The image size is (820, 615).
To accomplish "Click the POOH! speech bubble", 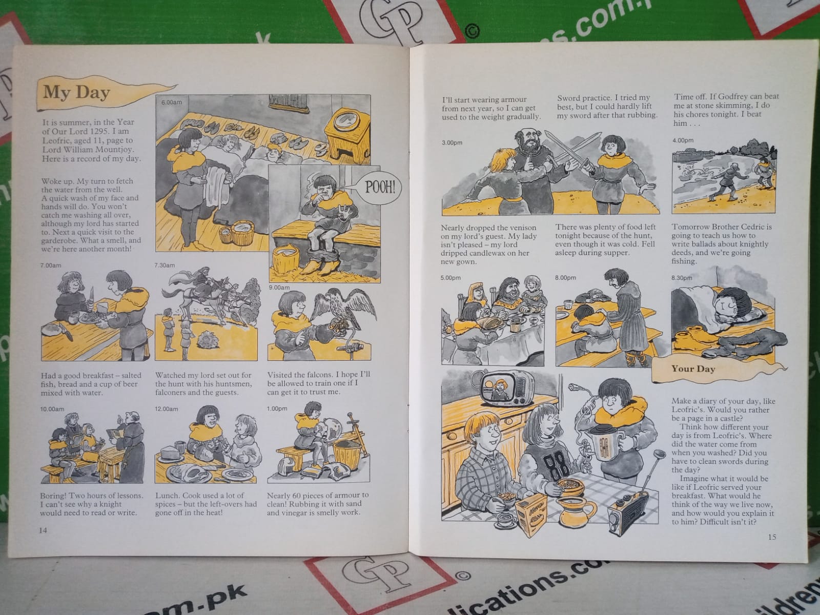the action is (379, 187).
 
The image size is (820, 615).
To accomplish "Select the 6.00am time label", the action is (172, 102).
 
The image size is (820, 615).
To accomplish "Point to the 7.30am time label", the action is (165, 265).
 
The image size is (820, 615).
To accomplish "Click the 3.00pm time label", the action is (452, 142).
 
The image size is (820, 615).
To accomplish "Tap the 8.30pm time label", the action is (682, 278).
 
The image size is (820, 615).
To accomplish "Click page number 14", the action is (44, 530).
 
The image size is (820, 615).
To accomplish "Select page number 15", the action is (772, 537).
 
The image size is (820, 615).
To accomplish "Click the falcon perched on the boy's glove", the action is (342, 310).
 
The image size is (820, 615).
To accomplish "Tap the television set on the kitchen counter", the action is (507, 388).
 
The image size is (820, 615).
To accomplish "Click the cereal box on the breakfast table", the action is (531, 514).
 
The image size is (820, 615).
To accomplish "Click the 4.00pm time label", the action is (683, 140).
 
